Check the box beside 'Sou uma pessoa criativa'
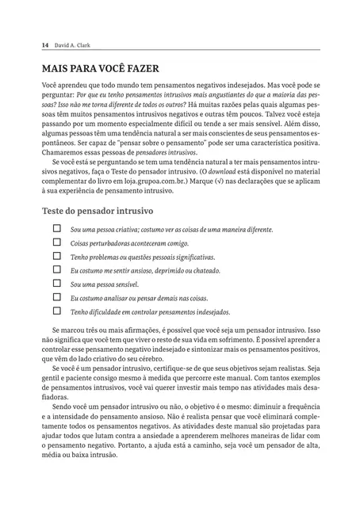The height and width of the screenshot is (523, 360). coord(56,228)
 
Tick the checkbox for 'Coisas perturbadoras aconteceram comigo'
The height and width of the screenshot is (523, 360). coord(56,242)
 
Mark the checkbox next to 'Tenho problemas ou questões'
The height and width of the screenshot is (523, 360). coord(56,256)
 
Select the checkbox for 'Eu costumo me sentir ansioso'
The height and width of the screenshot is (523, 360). coord(56,269)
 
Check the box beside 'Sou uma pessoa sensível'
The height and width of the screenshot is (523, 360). coord(56,283)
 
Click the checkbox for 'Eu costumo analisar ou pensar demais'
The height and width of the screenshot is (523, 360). coord(56,297)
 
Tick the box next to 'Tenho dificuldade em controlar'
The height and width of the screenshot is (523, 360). coord(56,311)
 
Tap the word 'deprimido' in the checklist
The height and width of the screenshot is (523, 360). coord(170,270)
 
